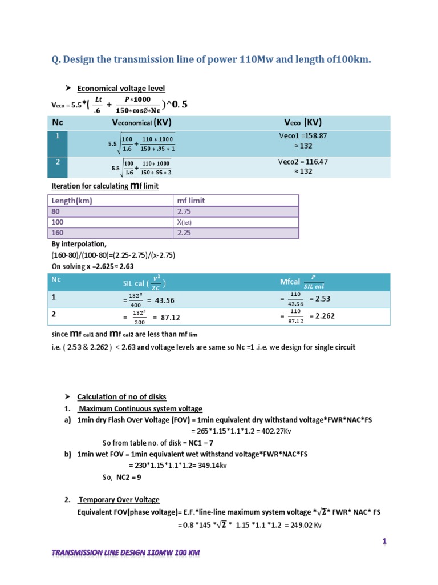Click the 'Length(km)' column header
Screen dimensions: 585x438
pos(72,201)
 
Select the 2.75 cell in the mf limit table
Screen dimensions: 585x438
pos(184,211)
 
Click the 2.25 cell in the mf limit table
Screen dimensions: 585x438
pos(184,233)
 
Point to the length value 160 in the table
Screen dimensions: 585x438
pos(58,233)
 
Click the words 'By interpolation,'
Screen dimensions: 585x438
pos(79,244)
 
